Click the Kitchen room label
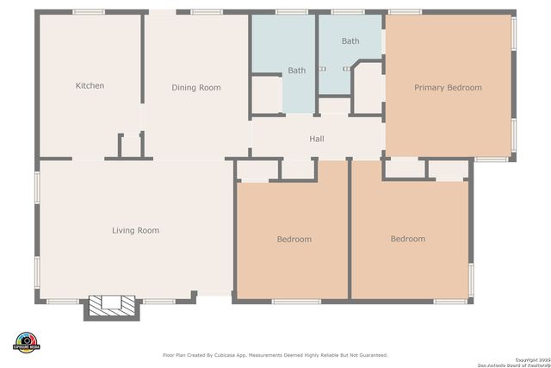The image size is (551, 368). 90,85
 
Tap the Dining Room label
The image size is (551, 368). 196,87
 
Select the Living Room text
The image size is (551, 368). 135,230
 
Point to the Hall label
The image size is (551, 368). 317,139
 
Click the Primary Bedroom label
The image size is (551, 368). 448,87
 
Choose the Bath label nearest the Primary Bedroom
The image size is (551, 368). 350,41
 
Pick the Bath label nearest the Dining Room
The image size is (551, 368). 296,71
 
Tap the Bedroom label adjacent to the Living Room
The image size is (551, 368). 294,239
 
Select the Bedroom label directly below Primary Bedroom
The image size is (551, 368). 407,239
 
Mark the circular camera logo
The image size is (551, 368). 27,340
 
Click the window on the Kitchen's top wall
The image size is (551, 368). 89,12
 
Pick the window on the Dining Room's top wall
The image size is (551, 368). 207,12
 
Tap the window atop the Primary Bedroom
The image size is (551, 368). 405,12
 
